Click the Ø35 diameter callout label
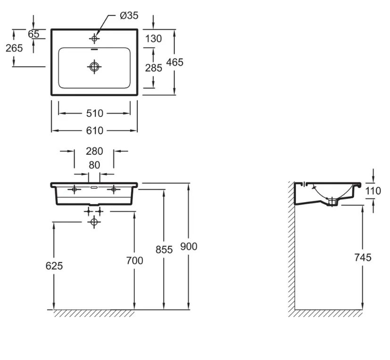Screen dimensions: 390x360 (x=129, y=16)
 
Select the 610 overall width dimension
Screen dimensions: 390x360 (x=94, y=131)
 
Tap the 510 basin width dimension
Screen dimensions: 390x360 (x=94, y=113)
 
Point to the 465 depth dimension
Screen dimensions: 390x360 (x=174, y=62)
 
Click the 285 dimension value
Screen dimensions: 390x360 (x=153, y=68)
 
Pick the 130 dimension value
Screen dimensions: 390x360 (x=153, y=39)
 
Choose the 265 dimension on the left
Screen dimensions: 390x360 (x=14, y=48)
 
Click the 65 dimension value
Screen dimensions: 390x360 (x=33, y=34)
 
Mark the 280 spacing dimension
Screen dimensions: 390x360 (x=94, y=151)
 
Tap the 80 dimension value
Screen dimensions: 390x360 (x=94, y=165)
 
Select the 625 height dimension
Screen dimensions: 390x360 (x=54, y=266)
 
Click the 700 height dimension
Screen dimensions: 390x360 (x=134, y=261)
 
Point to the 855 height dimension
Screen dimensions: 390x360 (x=164, y=250)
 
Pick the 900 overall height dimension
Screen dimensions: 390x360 (x=189, y=247)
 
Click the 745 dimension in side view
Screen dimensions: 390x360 (x=363, y=258)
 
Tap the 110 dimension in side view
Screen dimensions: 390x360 (x=373, y=191)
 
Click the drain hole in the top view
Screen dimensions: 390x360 (x=94, y=67)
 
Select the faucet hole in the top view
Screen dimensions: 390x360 (x=94, y=39)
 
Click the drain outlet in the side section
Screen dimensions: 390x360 (x=332, y=201)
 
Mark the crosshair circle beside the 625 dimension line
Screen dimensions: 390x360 (x=94, y=222)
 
